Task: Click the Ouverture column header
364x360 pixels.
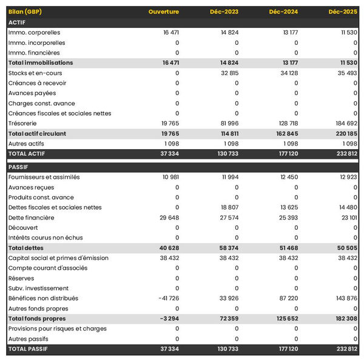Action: pyautogui.click(x=164, y=12)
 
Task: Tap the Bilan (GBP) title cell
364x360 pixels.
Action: pyautogui.click(x=25, y=12)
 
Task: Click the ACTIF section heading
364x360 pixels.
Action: pyautogui.click(x=17, y=22)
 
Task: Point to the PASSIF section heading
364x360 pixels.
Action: pyautogui.click(x=18, y=167)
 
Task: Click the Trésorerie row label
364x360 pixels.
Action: pyautogui.click(x=24, y=123)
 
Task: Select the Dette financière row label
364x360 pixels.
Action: pyautogui.click(x=32, y=218)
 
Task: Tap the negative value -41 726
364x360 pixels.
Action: pyautogui.click(x=167, y=298)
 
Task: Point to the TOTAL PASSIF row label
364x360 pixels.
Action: pyautogui.click(x=28, y=348)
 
